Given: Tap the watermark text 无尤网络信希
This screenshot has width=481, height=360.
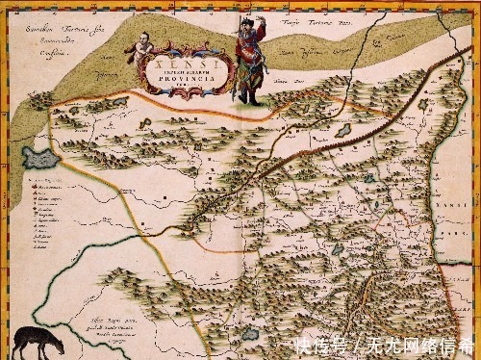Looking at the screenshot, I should pyautogui.click(x=419, y=345).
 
